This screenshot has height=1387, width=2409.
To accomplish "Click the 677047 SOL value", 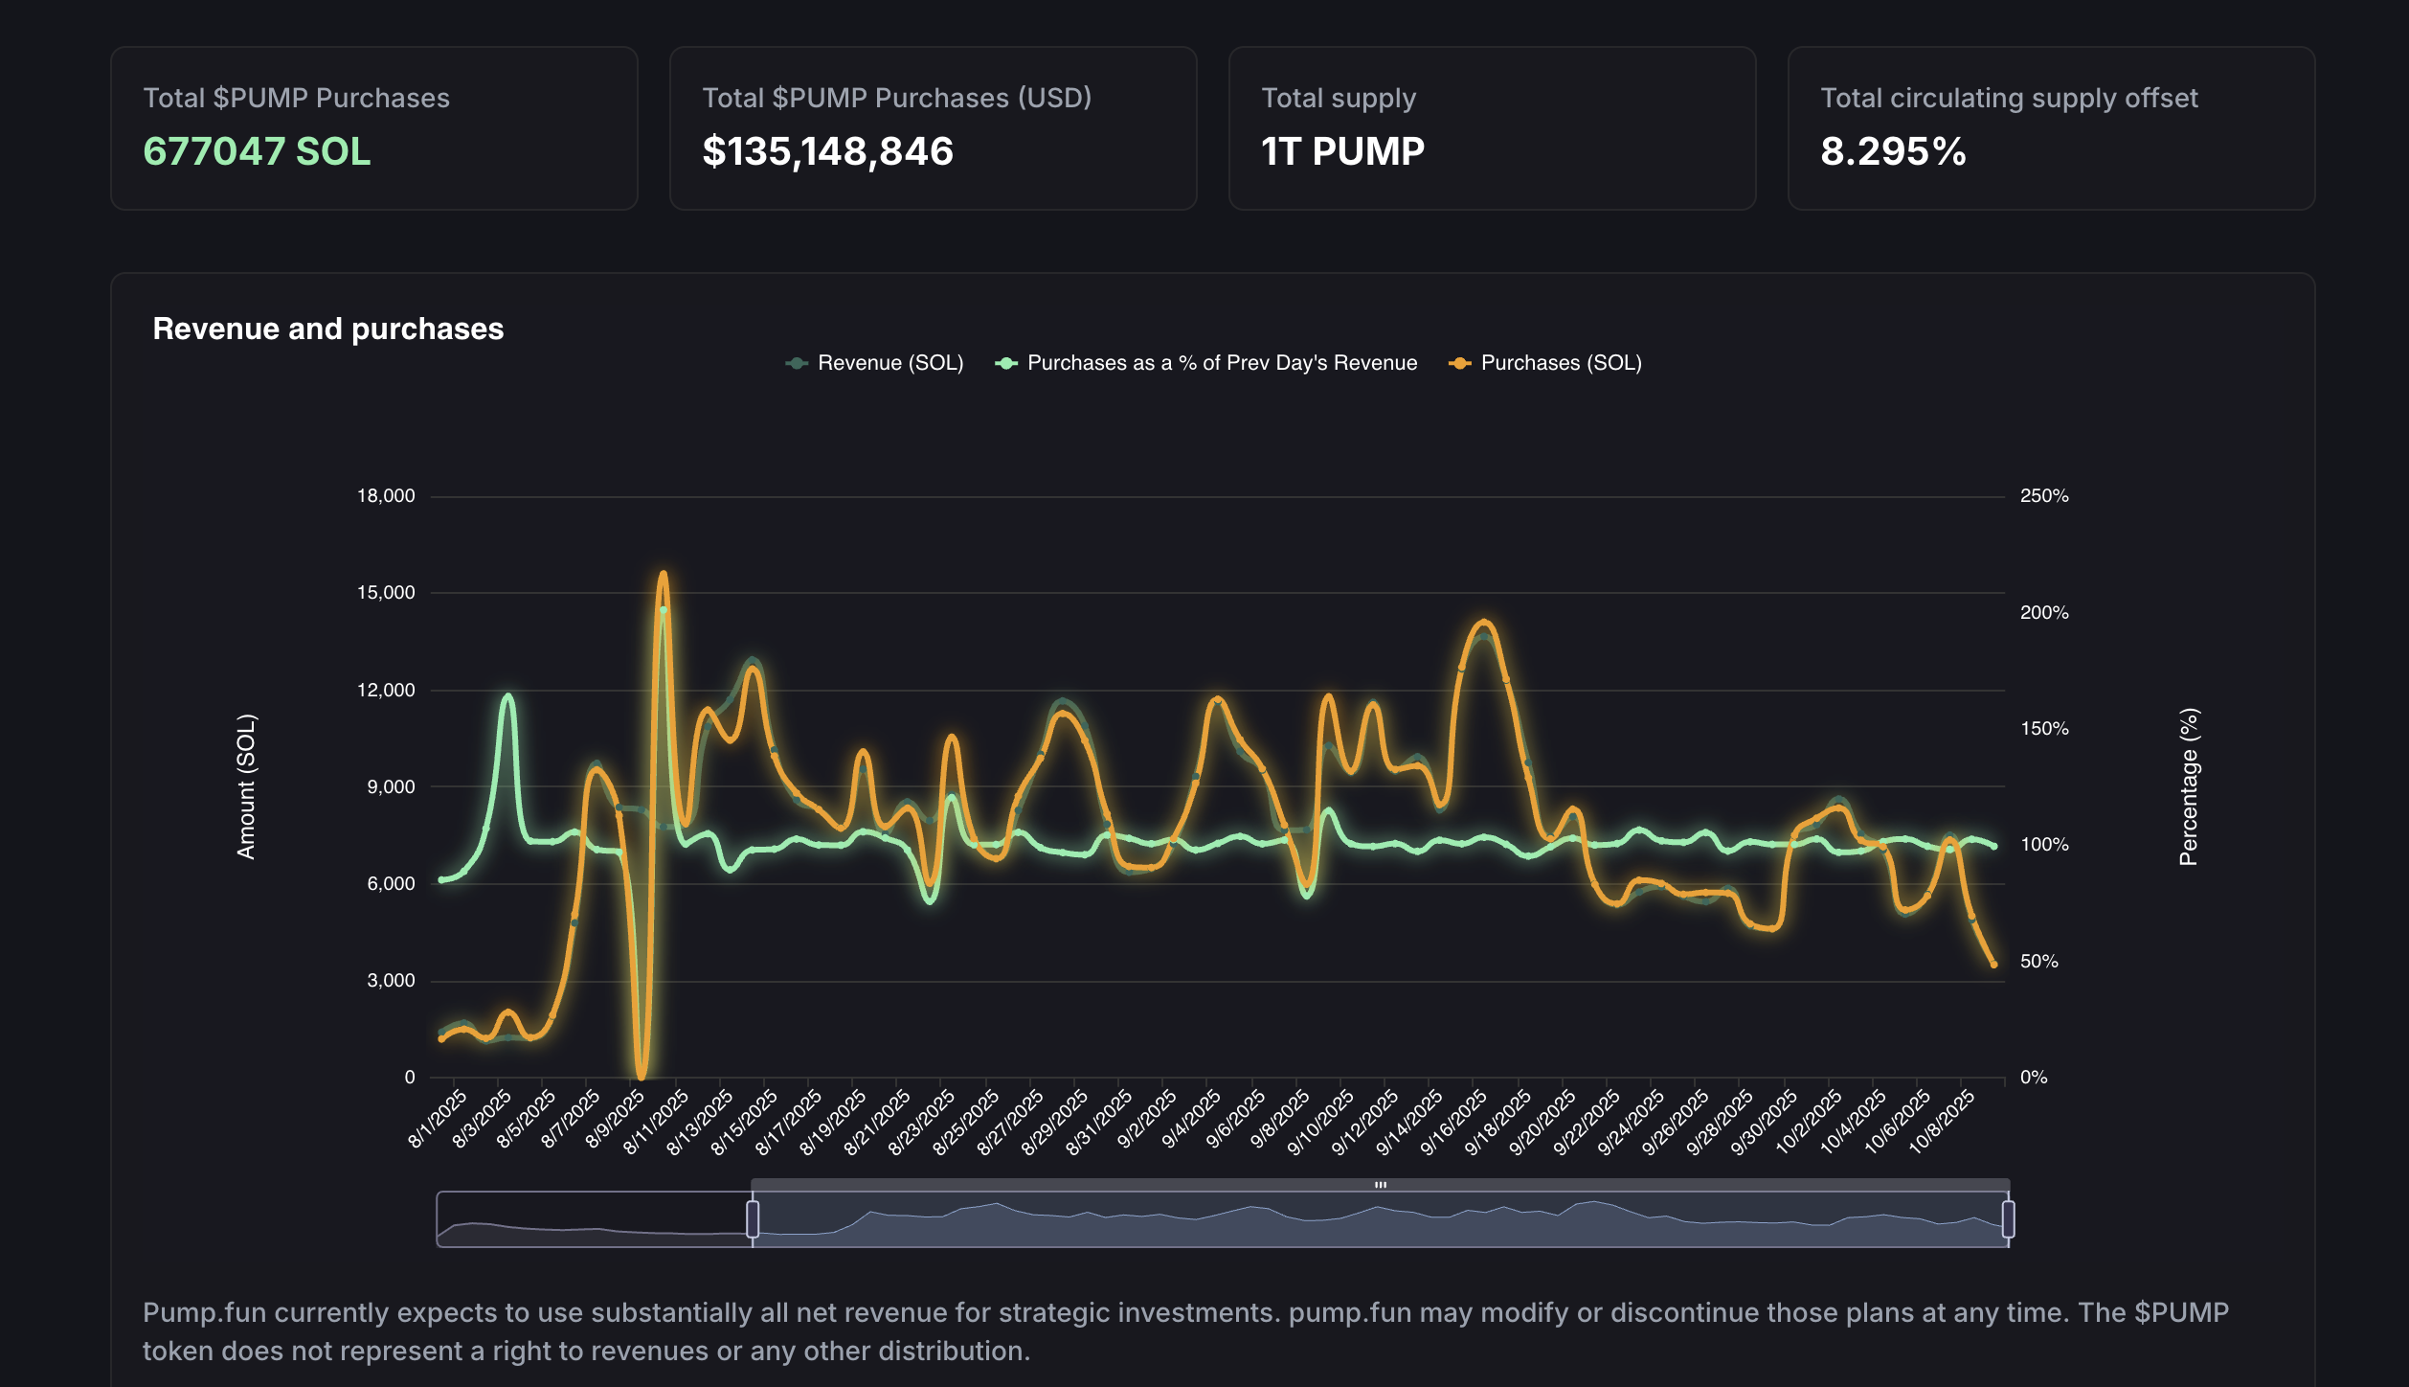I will coord(257,151).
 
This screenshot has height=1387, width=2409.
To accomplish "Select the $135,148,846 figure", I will coord(827,151).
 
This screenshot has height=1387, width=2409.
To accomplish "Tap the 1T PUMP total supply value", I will coord(1342,151).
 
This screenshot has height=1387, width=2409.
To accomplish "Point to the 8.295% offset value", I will coord(1893,151).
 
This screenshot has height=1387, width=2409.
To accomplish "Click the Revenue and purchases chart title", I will coord(327,329).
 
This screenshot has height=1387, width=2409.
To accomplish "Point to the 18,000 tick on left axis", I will coord(386,495).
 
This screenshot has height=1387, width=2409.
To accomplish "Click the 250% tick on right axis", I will coord(2043,495).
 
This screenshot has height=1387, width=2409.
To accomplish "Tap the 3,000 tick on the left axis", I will coord(391,980).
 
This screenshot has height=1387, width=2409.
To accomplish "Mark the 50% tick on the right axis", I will coord(2038,961).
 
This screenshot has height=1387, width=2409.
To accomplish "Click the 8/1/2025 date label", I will coord(439,1118).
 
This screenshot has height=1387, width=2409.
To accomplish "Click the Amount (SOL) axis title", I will coord(246,785).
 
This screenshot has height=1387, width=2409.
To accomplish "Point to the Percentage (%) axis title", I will coord(2189,785).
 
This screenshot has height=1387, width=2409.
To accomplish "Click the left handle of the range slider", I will coord(753,1218).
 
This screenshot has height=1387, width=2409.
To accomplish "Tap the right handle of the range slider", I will coord(2008,1218).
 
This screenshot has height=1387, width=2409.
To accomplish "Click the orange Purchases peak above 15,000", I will coord(663,576).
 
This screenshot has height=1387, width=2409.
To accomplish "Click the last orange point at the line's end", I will coord(1994,965).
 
